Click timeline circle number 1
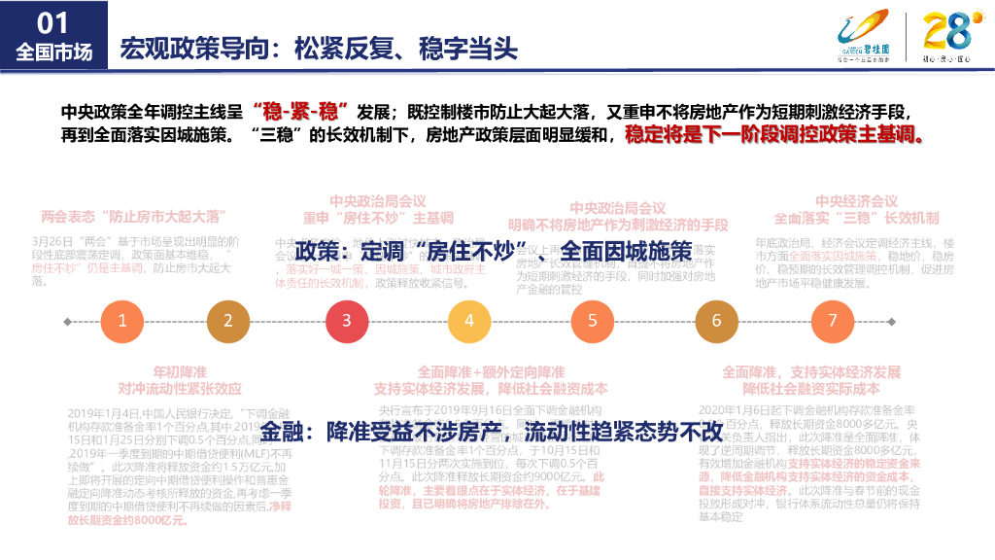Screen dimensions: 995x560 (121, 321)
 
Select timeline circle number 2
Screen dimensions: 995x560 (228, 321)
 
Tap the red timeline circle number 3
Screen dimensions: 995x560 (346, 321)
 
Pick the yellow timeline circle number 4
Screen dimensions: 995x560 (468, 321)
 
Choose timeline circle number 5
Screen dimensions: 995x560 (592, 321)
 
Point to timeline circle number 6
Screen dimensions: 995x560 (716, 321)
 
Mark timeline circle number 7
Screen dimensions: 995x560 (832, 321)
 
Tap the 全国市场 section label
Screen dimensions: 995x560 (53, 52)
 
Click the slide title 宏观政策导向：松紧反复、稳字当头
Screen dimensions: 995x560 (318, 48)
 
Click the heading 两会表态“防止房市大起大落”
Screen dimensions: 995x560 (133, 215)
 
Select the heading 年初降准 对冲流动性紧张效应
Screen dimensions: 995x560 (180, 380)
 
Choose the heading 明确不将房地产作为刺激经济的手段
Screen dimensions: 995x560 (617, 225)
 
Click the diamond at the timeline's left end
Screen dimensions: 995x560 (66, 321)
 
